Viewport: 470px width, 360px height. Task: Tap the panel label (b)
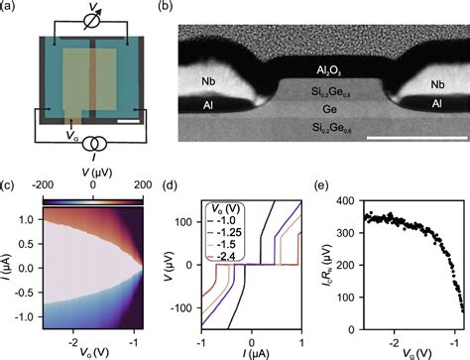click(166, 7)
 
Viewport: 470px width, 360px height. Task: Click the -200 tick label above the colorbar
click(44, 185)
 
